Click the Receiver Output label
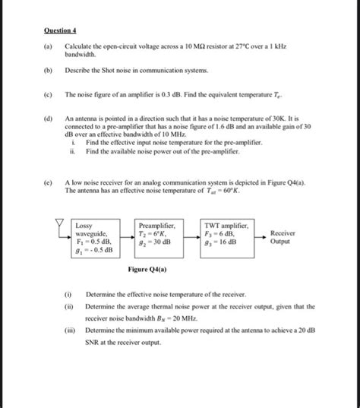point(285,237)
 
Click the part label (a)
point(49,47)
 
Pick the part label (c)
point(49,95)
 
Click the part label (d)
point(49,119)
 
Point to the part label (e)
point(49,183)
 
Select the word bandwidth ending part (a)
point(80,55)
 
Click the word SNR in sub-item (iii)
point(93,343)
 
